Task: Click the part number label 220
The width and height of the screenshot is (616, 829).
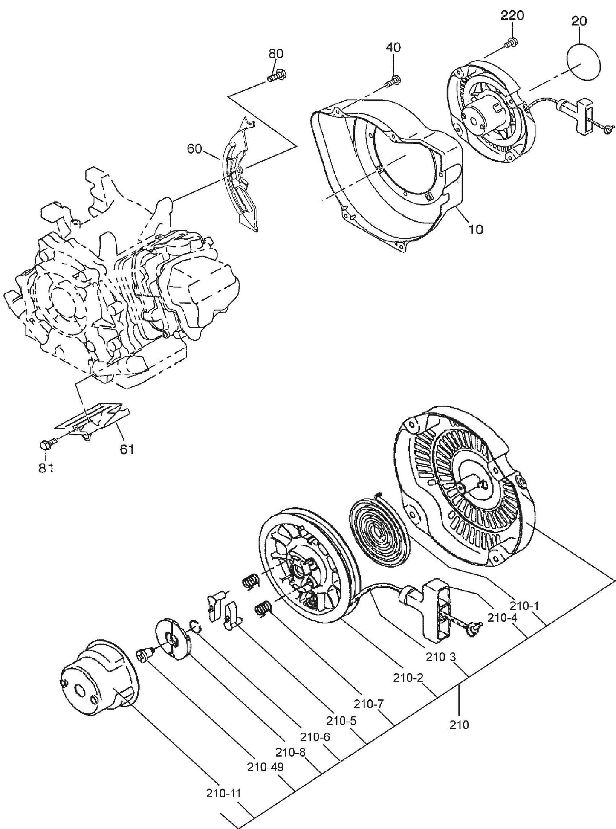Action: click(x=512, y=16)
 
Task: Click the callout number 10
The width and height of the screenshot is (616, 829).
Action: click(x=476, y=229)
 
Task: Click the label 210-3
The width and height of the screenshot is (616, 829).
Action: click(x=441, y=657)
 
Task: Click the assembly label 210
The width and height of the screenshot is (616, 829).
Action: click(x=459, y=725)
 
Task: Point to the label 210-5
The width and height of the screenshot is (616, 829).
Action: click(x=341, y=720)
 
